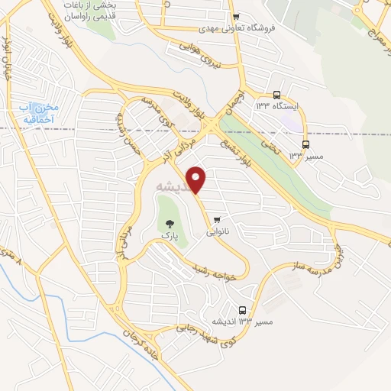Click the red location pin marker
click(197, 179)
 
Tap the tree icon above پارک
click(170, 224)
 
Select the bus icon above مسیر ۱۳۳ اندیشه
click(243, 311)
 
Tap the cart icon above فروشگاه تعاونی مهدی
click(236, 17)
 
